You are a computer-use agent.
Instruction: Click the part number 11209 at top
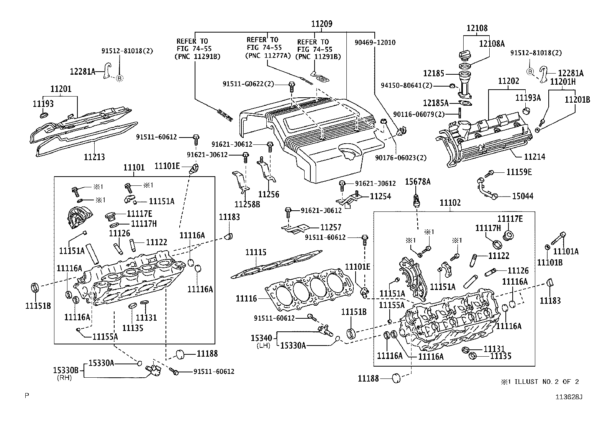pyautogui.click(x=321, y=24)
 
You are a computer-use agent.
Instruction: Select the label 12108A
pyautogui.click(x=492, y=44)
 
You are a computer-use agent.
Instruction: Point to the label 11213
pyautogui.click(x=94, y=157)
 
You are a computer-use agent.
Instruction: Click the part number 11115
pyautogui.click(x=256, y=252)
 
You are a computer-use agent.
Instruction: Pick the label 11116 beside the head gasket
pyautogui.click(x=246, y=298)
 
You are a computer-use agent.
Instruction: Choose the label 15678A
pyautogui.click(x=418, y=182)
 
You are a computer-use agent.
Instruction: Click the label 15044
pyautogui.click(x=523, y=196)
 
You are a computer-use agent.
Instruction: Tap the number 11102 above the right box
pyautogui.click(x=450, y=203)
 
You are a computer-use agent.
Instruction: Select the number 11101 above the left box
pyautogui.click(x=134, y=167)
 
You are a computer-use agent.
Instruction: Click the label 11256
pyautogui.click(x=269, y=195)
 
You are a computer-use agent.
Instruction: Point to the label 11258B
pyautogui.click(x=247, y=204)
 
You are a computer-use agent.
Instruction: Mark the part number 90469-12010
pyautogui.click(x=375, y=43)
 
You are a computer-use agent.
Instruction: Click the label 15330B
pyautogui.click(x=66, y=370)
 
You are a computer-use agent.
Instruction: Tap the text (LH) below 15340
pyautogui.click(x=263, y=346)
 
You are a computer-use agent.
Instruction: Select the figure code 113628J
pyautogui.click(x=569, y=397)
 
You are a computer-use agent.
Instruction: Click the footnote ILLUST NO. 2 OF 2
pyautogui.click(x=546, y=382)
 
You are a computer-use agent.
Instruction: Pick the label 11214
pyautogui.click(x=535, y=157)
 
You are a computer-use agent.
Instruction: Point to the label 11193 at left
pyautogui.click(x=43, y=104)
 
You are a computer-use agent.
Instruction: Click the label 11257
pyautogui.click(x=331, y=228)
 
